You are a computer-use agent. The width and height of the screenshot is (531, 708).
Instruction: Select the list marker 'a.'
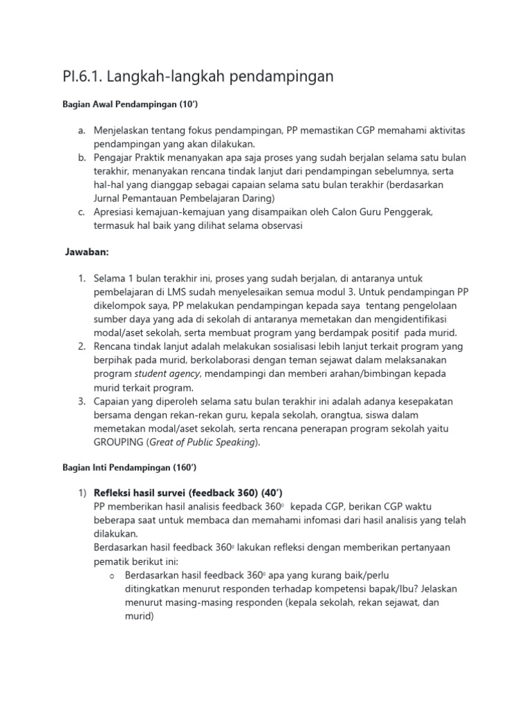pyautogui.click(x=82, y=130)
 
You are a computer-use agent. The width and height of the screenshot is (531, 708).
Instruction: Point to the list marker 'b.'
pyautogui.click(x=82, y=158)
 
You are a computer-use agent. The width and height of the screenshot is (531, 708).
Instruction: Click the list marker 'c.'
pyautogui.click(x=82, y=212)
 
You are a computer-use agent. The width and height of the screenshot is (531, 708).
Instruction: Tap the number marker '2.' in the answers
pyautogui.click(x=82, y=346)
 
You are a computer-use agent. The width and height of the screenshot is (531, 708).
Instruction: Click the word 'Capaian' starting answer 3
pyautogui.click(x=113, y=401)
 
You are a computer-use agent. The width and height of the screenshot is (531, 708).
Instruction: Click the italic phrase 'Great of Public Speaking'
pyautogui.click(x=205, y=442)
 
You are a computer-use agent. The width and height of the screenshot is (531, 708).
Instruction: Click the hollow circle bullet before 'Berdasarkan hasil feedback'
pyautogui.click(x=111, y=575)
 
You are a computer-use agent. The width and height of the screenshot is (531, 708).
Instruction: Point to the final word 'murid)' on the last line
pyautogui.click(x=138, y=615)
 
